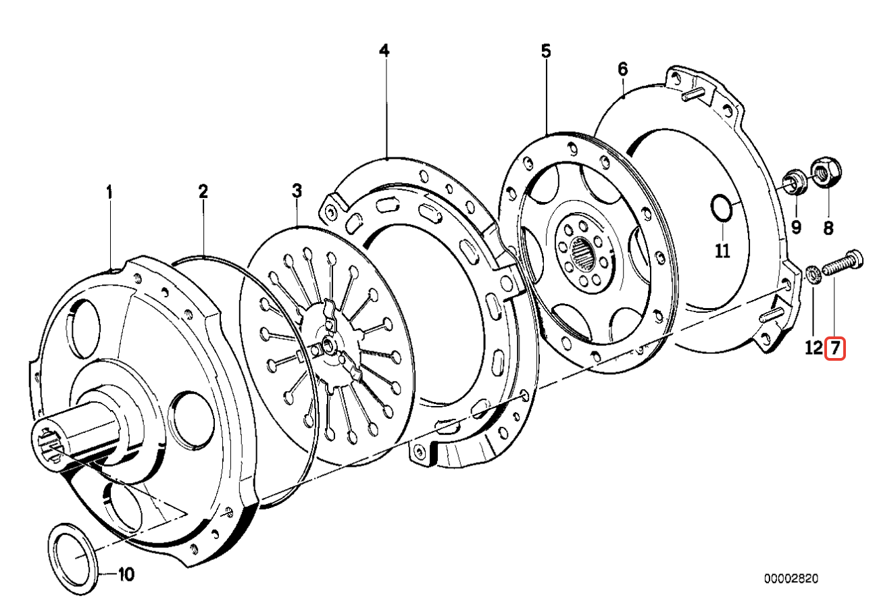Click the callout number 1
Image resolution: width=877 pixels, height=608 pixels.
109,193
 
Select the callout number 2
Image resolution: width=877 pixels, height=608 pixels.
203,192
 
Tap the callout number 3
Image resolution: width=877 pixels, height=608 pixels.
296,191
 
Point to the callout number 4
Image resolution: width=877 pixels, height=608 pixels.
384,51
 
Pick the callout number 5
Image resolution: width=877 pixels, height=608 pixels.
546,51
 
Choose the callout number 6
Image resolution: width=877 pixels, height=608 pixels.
622,69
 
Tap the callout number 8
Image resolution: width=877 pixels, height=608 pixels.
828,228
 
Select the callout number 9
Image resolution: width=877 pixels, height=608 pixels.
796,228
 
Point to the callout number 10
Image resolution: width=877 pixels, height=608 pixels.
126,575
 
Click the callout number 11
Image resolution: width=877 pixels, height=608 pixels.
723,251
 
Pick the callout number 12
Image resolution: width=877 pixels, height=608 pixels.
814,348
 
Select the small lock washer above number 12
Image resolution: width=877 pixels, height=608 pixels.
813,276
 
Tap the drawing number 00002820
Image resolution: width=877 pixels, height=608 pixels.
791,579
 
